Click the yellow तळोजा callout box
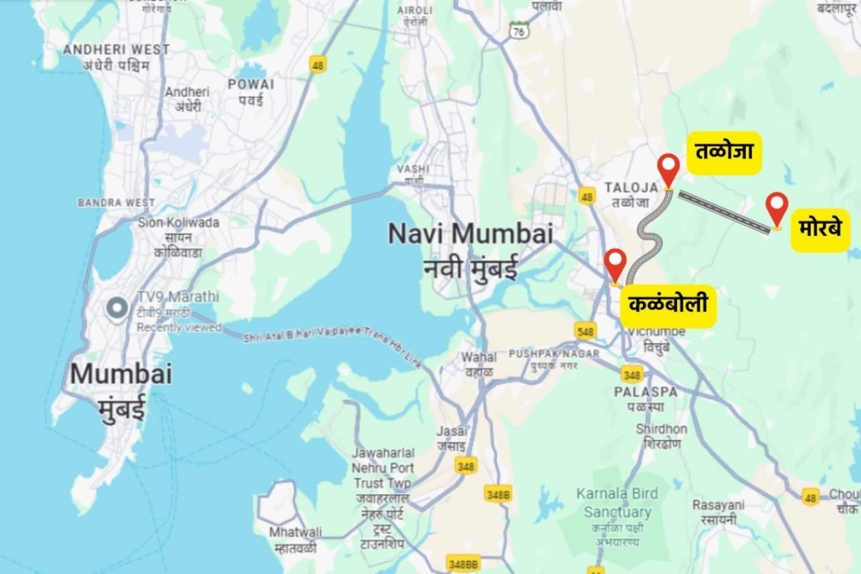(724, 152)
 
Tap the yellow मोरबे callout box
(820, 230)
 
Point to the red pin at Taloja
(668, 170)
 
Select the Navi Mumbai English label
(470, 234)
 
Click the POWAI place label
(251, 85)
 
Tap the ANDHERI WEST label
(116, 50)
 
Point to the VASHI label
(413, 169)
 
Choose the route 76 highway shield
(519, 32)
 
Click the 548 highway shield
(585, 332)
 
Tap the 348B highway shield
(498, 495)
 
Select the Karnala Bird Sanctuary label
(617, 503)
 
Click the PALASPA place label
(646, 392)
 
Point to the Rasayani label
(718, 505)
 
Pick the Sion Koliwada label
(178, 222)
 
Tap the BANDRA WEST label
(116, 203)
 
